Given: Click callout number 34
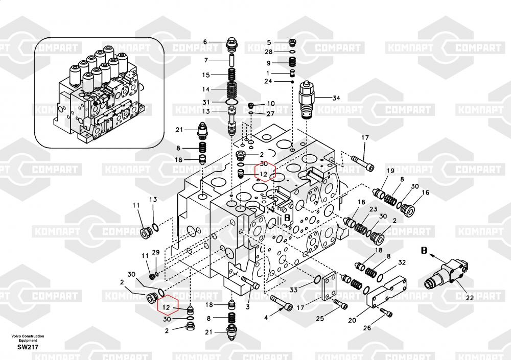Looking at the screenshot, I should click(336, 98).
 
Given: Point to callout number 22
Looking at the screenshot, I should click(469, 298).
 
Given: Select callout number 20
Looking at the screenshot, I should click(352, 321).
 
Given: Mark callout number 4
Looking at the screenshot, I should click(265, 317).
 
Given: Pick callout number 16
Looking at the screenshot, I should click(426, 193).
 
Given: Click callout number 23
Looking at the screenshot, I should click(374, 209).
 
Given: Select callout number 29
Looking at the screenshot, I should click(156, 252).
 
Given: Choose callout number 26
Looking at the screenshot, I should click(367, 328).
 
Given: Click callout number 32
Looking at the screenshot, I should click(402, 262).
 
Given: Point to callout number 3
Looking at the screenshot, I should click(247, 307).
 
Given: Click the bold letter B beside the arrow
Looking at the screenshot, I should click(424, 250).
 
